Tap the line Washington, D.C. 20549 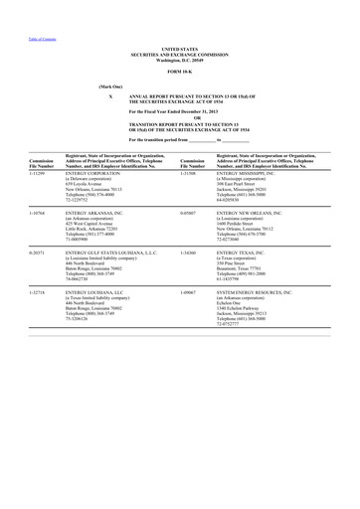coord(179,57)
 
